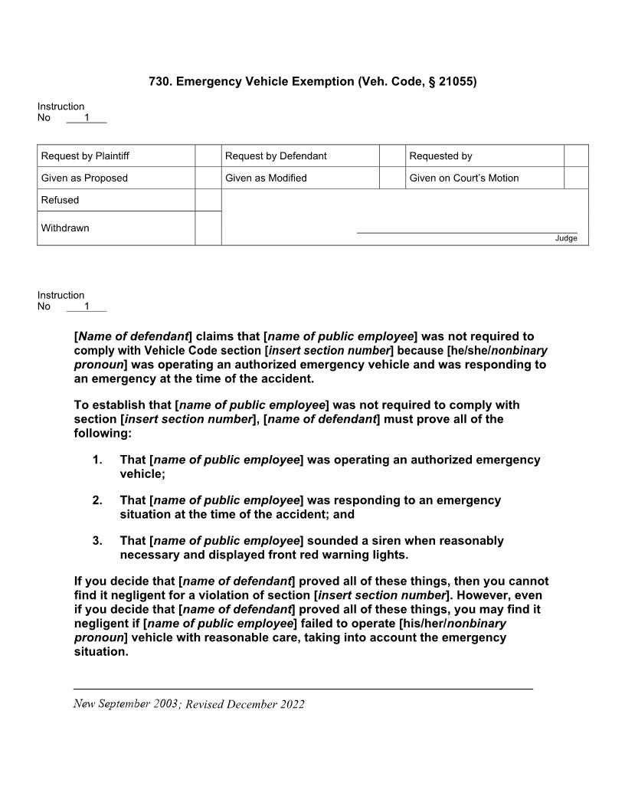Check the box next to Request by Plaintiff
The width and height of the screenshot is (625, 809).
tap(208, 156)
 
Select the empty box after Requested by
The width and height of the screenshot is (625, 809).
tap(576, 156)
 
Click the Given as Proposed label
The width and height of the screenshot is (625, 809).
tap(84, 178)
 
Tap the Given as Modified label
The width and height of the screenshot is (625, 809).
tap(266, 178)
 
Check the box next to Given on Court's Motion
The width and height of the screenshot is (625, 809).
tap(576, 178)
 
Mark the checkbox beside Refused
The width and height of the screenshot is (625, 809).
tap(208, 200)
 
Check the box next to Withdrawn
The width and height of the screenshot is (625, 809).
tap(208, 228)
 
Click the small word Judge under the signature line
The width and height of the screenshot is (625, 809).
tap(566, 238)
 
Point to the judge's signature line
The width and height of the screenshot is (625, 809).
tap(466, 231)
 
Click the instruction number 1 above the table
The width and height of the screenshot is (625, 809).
tap(87, 117)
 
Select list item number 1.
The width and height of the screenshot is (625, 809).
tap(97, 460)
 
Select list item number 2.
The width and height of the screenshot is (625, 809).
tap(97, 500)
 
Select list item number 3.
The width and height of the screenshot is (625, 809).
tap(97, 541)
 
